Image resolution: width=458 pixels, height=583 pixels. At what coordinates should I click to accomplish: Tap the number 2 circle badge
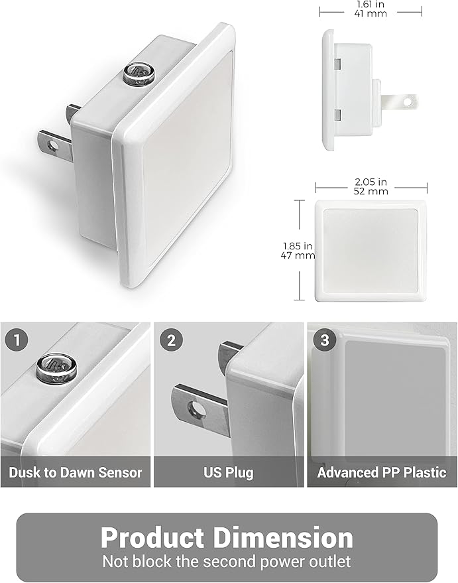pos(171,341)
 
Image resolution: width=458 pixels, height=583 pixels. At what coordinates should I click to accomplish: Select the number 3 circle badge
pos(324,341)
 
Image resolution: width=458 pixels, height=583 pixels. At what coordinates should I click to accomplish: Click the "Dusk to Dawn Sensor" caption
pos(76,473)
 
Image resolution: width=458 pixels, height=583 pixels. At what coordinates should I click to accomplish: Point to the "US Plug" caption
pos(228,473)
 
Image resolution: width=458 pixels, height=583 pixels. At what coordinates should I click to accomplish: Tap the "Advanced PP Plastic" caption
pos(382,473)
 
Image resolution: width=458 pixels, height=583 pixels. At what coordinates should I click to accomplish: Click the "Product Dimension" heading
pos(227,537)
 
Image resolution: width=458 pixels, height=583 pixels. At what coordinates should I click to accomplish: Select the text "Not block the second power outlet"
pos(227,562)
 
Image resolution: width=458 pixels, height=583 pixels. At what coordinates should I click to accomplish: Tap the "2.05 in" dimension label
pos(369,180)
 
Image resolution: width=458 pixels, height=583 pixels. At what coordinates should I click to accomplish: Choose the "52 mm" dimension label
pos(369,191)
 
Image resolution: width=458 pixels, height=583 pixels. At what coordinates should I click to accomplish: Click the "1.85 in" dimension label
pos(298,245)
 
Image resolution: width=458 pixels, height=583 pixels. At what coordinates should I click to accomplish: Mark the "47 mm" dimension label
pos(298,255)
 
